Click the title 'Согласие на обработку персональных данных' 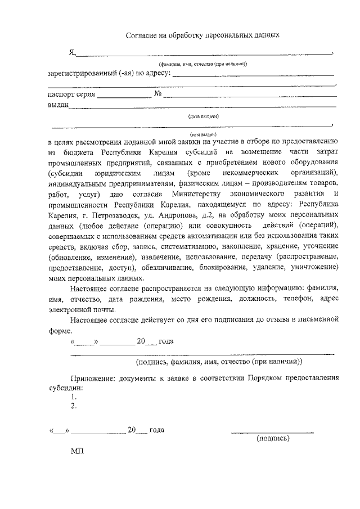[202, 35]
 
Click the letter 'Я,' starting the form [71, 52]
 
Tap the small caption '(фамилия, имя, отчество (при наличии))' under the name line [191, 65]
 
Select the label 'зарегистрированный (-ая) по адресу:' [109, 73]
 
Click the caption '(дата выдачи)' [204, 116]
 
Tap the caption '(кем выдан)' [204, 135]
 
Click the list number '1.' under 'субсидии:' [74, 397]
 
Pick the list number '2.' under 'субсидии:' [74, 406]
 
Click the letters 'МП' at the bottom [77, 452]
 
